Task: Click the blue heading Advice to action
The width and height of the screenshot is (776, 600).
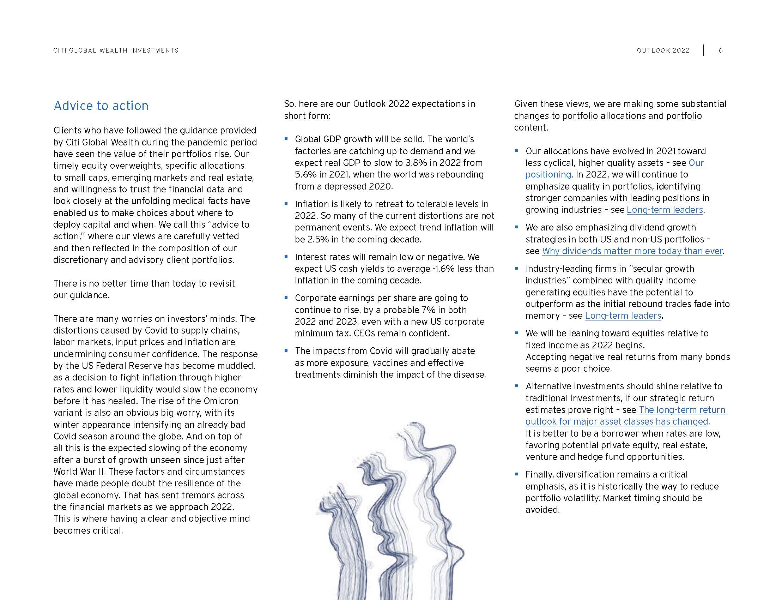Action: click(101, 106)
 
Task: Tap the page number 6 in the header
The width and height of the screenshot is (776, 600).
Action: click(721, 50)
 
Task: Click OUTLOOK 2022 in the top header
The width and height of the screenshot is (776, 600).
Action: click(663, 50)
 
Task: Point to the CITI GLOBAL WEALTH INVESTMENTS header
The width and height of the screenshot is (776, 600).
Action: click(116, 50)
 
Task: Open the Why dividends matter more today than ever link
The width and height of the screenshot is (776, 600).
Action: click(632, 251)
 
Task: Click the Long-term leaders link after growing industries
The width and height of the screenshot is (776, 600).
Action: click(665, 210)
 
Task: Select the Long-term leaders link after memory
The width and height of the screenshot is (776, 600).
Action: click(623, 316)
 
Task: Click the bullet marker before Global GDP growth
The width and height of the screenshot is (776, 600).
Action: click(286, 139)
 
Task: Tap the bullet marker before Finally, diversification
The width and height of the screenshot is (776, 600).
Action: click(517, 474)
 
